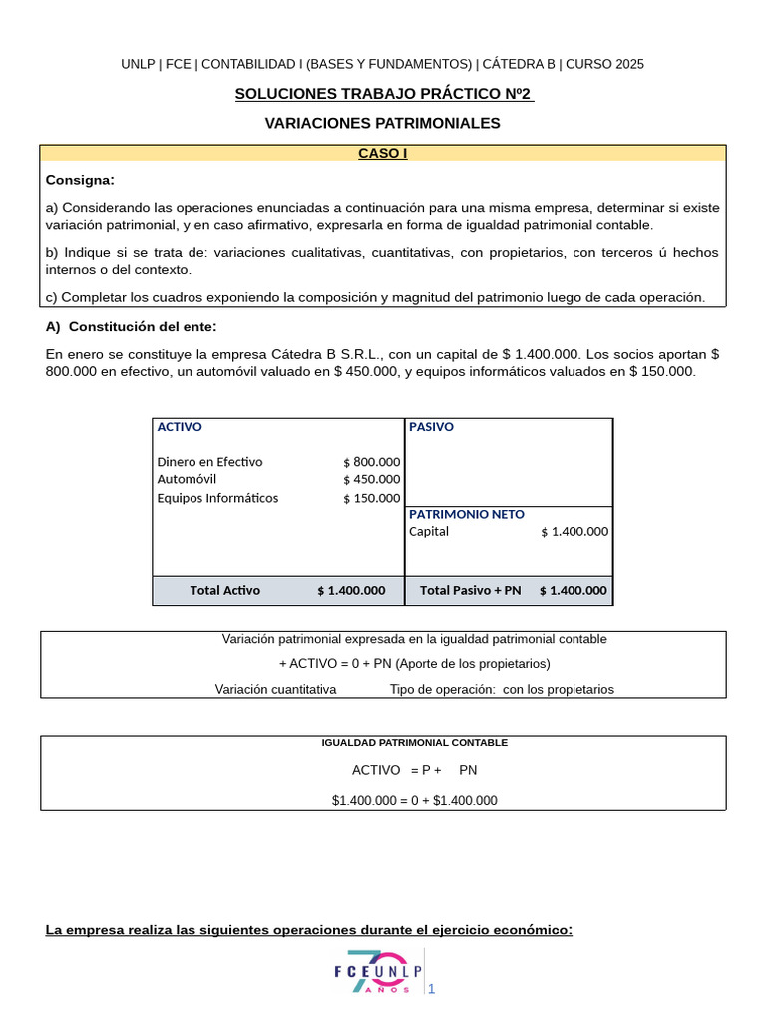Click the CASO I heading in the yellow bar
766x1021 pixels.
coord(383,154)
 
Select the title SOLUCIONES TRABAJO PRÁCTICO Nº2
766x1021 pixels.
coord(383,95)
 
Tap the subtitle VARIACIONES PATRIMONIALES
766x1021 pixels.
coord(383,123)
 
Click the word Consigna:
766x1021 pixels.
coord(80,180)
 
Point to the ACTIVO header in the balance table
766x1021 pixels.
coord(180,427)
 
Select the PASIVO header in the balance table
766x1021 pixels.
coord(431,427)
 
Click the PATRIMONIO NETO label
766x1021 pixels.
coord(466,514)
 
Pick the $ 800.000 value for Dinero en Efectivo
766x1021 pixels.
coord(371,462)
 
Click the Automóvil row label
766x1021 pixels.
coord(187,479)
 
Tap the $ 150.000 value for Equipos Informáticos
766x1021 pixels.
coord(371,498)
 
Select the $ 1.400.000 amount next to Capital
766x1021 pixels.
coord(574,532)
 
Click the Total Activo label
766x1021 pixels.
coord(225,590)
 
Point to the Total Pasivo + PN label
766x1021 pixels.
coord(471,590)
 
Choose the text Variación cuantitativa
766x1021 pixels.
coord(276,689)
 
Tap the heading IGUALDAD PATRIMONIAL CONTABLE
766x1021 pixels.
coord(414,743)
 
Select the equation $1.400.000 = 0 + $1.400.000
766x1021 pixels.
coord(414,800)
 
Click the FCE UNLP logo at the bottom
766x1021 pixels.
coord(378,973)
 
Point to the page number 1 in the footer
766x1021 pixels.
coord(432,989)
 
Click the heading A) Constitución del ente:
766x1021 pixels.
coord(131,327)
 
